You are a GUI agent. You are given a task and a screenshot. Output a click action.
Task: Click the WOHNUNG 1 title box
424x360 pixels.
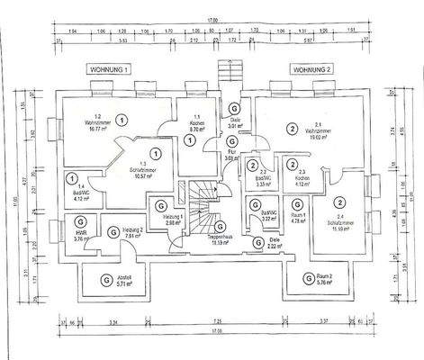tap(109, 68)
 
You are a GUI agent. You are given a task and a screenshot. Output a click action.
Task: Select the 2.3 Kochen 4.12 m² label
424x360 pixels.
tap(301, 183)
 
